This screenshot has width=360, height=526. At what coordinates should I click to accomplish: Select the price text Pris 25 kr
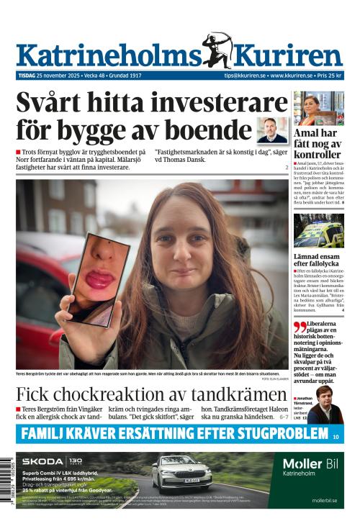click(329, 76)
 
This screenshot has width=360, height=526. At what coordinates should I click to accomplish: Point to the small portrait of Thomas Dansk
click(272, 130)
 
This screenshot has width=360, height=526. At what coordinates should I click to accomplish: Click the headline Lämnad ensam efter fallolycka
click(318, 260)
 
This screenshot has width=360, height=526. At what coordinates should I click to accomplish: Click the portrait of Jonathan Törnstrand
click(325, 407)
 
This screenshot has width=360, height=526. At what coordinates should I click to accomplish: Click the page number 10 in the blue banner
click(336, 436)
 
